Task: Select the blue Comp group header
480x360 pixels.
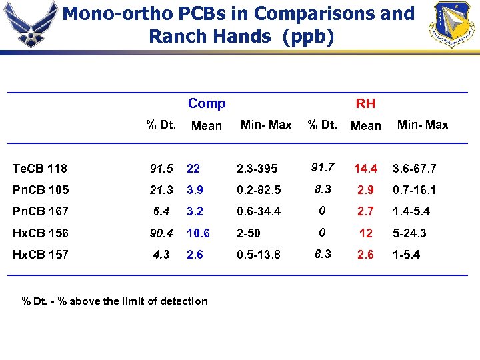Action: [207, 103]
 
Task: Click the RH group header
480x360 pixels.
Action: [365, 103]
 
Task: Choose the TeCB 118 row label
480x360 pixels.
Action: [40, 169]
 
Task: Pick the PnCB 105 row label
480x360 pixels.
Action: [41, 190]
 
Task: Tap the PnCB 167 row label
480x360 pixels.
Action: [41, 211]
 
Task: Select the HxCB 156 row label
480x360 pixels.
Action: [41, 233]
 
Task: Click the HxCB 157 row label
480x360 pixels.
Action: [41, 255]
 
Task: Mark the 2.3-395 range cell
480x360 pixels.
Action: [258, 169]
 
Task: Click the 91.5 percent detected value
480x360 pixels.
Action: [161, 169]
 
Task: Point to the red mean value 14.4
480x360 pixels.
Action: [365, 169]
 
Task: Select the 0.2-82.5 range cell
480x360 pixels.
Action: [258, 190]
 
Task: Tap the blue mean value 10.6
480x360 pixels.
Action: [198, 233]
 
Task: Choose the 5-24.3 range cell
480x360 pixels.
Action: [409, 233]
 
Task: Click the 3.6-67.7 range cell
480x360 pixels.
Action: [414, 169]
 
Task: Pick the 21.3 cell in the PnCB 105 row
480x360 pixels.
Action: [161, 190]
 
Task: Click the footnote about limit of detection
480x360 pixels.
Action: [115, 301]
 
